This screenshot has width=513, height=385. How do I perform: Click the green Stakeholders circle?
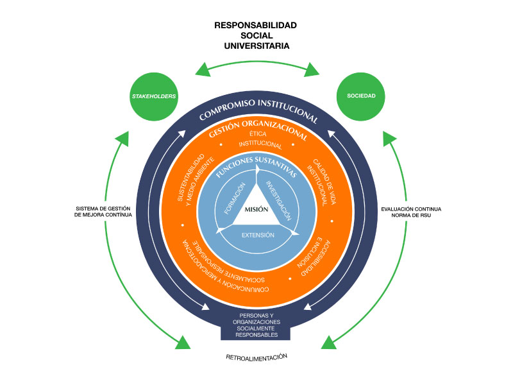coord(154,97)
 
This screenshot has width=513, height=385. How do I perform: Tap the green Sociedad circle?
coord(361,97)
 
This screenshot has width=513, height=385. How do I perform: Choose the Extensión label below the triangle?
coord(257,235)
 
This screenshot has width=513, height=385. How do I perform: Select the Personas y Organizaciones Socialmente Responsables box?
coord(255,325)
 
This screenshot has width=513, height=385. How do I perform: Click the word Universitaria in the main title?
coord(256,46)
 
